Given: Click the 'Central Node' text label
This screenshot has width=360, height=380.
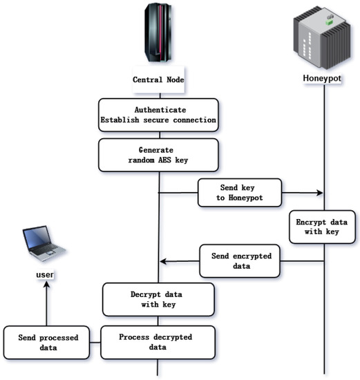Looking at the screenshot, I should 160,80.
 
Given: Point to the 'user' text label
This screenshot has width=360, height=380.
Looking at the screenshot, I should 46,276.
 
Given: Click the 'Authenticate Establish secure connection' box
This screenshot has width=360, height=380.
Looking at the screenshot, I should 159,115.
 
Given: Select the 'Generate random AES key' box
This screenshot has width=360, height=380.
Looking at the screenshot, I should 159,155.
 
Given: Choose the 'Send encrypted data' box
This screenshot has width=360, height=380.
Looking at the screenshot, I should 240,261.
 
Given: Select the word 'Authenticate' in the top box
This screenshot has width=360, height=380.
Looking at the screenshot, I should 159,108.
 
